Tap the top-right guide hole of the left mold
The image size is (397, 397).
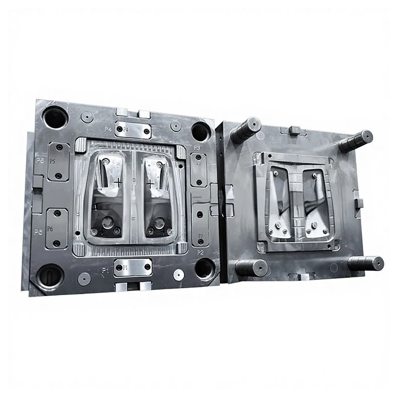pyautogui.click(x=200, y=132)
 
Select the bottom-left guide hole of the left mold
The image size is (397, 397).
pyautogui.click(x=50, y=276)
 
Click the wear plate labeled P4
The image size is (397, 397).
pyautogui.click(x=133, y=130)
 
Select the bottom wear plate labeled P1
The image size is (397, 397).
pyautogui.click(x=132, y=268)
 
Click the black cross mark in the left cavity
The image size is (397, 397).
pyautogui.click(x=118, y=183)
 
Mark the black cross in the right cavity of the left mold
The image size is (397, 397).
pyautogui.click(x=150, y=184)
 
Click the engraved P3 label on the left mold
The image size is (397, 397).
pyautogui.click(x=197, y=148)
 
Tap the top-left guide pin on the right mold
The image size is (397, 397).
pyautogui.click(x=246, y=130)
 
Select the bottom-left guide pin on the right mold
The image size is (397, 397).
pyautogui.click(x=251, y=268)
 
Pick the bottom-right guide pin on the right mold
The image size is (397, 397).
pyautogui.click(x=366, y=263)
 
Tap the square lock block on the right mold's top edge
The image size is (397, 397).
pyautogui.click(x=293, y=130)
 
